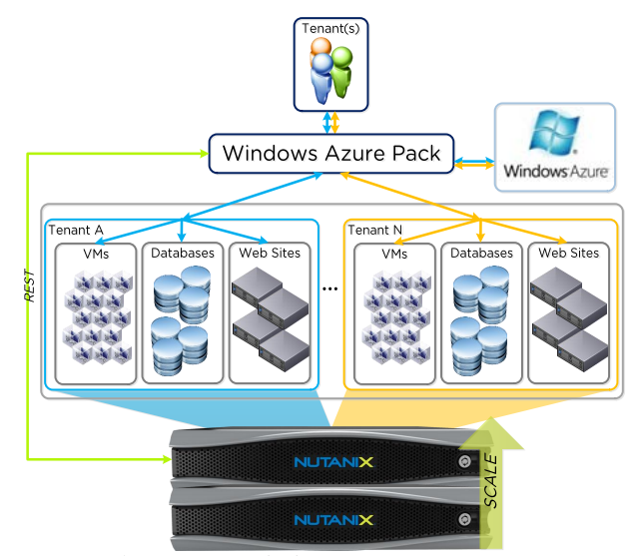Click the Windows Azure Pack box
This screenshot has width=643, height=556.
331,154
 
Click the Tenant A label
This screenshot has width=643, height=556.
76,231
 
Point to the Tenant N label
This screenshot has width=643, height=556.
375,231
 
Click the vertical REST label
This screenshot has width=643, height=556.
30,284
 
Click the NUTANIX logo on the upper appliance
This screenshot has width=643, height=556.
333,462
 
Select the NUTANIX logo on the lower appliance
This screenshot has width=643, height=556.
333,520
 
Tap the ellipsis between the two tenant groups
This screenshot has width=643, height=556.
331,288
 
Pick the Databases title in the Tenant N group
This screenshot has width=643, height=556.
481,254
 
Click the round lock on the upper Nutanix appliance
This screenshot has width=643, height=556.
463,462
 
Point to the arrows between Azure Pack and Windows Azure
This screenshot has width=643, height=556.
475,158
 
